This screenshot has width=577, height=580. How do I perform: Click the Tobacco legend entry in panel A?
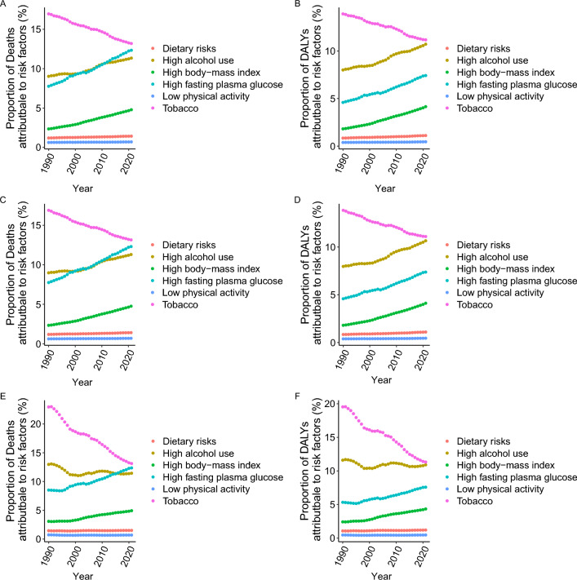click(175, 108)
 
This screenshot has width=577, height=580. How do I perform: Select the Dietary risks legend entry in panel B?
click(477, 48)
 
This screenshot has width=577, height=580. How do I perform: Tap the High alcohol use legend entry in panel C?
click(192, 257)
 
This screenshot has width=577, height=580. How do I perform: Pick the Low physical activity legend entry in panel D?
click(495, 293)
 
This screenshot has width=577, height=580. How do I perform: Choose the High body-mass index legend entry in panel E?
click(206, 465)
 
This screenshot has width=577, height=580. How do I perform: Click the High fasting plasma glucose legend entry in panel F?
click(511, 477)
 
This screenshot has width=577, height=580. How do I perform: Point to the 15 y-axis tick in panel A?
click(36, 29)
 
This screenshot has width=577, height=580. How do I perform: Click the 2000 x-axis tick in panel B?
click(370, 163)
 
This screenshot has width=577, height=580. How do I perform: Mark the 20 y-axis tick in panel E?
click(36, 423)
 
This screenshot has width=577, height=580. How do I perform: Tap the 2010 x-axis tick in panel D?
click(395, 360)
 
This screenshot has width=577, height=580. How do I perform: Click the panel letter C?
click(3, 200)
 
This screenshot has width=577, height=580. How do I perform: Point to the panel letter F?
click(297, 396)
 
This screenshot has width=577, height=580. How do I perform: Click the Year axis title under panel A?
click(82, 188)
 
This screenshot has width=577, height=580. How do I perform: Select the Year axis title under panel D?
click(381, 380)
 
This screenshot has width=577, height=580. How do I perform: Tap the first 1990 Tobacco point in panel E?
click(48, 407)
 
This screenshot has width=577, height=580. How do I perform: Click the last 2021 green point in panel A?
click(131, 110)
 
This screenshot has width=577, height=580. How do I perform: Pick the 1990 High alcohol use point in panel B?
click(343, 69)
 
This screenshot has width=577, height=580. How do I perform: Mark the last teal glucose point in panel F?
click(425, 487)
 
